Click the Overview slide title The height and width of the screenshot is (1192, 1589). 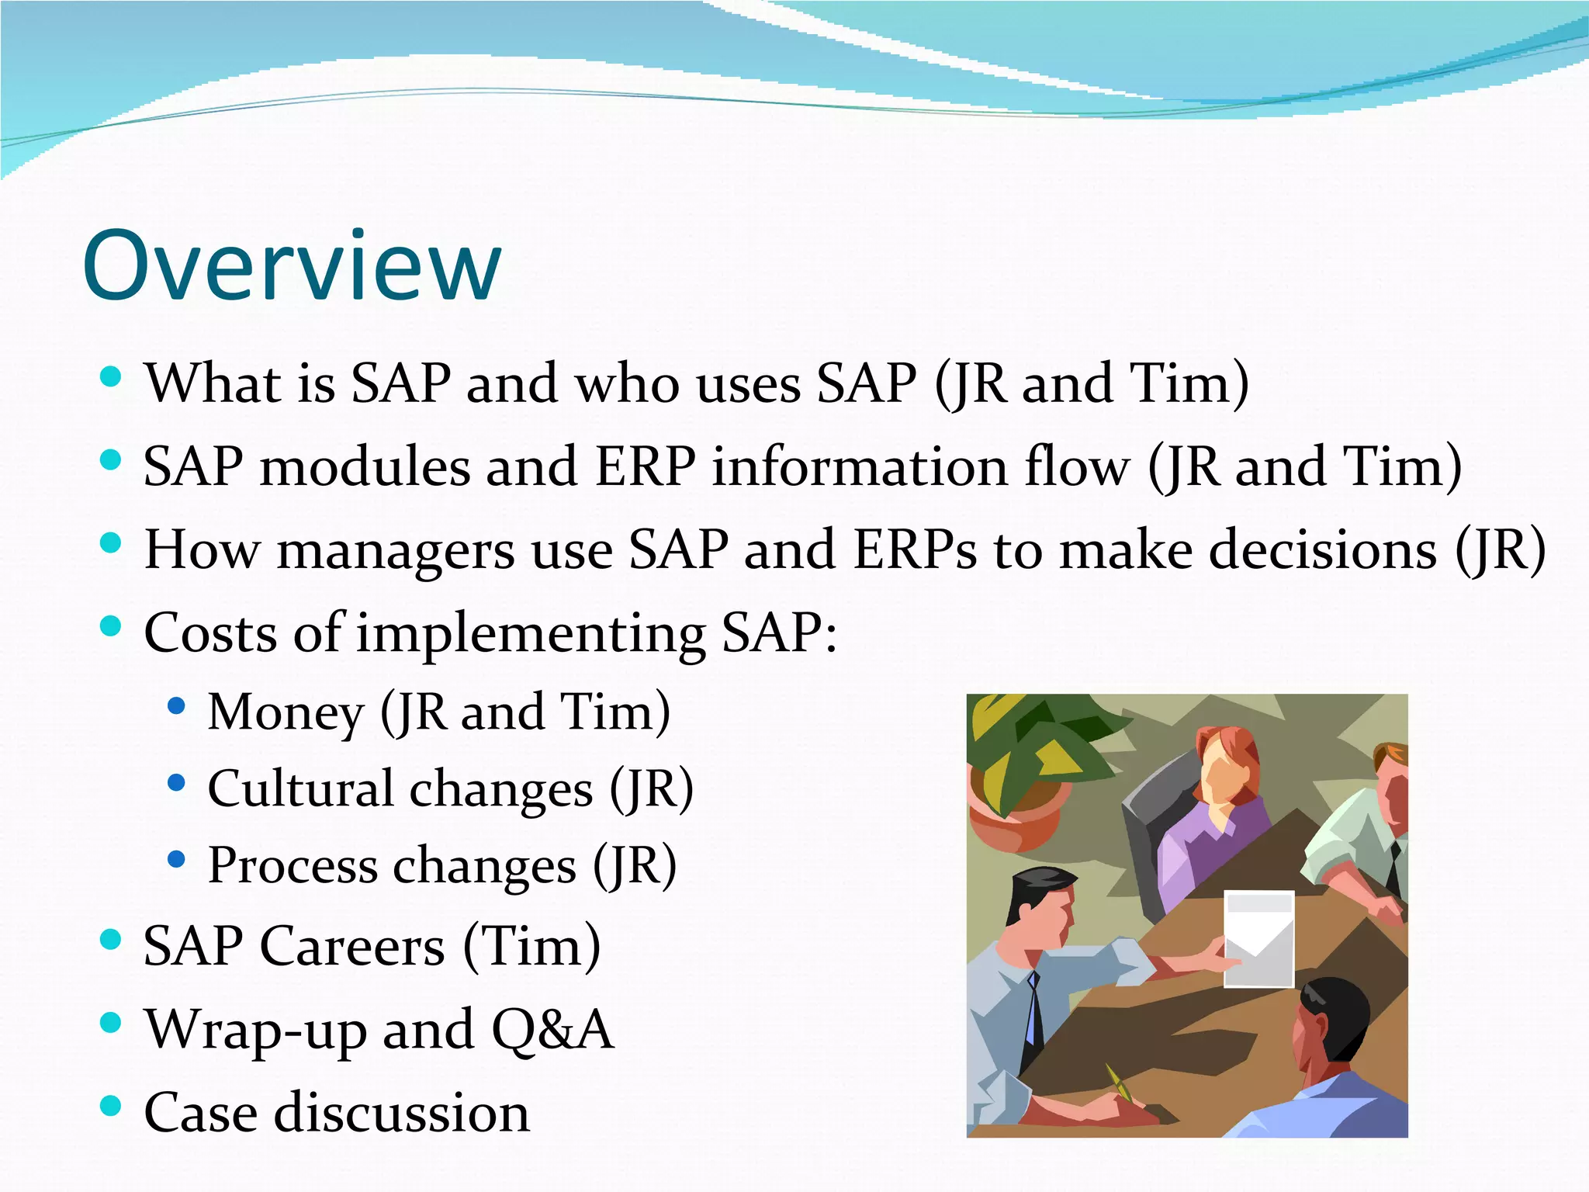[292, 265]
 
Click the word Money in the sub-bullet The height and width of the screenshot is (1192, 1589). [286, 712]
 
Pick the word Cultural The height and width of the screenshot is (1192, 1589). [301, 789]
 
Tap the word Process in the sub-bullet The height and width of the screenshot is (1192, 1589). [292, 866]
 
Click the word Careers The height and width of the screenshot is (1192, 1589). [352, 947]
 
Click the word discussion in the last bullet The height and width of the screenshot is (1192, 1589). [402, 1113]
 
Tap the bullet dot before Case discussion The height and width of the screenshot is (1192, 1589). [111, 1105]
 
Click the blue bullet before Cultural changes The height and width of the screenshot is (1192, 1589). [176, 781]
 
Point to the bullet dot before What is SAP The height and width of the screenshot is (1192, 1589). [111, 377]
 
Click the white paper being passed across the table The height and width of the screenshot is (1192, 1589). [1258, 939]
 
